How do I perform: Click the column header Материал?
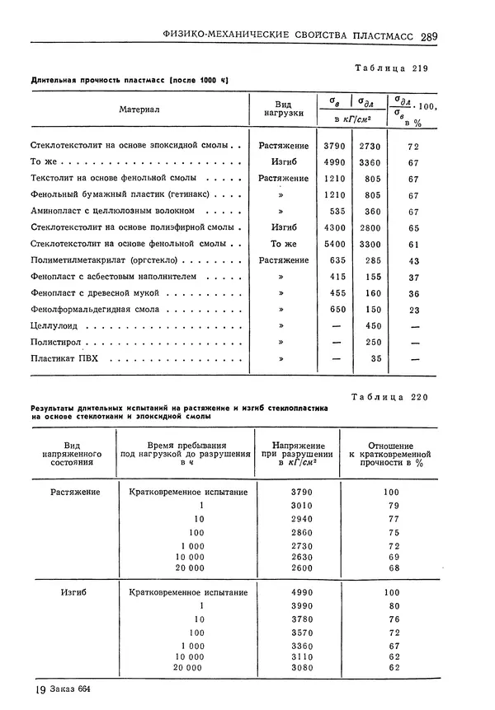139,109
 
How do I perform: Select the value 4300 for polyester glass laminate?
335,227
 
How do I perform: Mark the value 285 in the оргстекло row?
372,260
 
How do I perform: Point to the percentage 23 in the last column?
414,310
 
